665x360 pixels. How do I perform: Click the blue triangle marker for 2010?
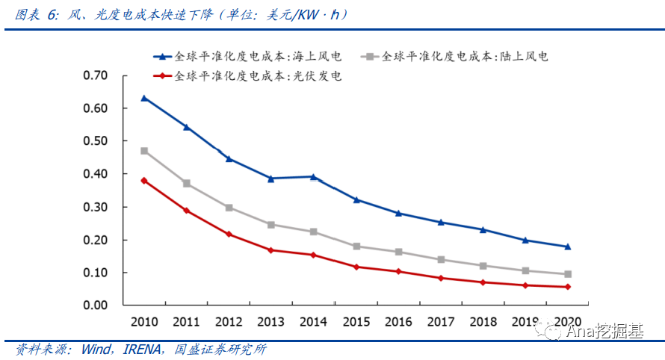coord(144,99)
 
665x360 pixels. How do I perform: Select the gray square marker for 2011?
coord(187,184)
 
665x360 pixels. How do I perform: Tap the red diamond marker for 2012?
coord(229,234)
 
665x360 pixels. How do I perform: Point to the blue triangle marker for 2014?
coord(314,177)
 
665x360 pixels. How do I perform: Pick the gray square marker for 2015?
coord(356,246)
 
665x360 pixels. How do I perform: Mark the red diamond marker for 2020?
coord(568,287)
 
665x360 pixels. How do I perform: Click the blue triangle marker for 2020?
coord(568,246)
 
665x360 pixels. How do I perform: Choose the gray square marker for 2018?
coord(483,266)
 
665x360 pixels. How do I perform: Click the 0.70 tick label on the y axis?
coord(96,75)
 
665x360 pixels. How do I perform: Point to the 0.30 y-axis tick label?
coord(96,207)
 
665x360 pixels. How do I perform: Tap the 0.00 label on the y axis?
coord(96,305)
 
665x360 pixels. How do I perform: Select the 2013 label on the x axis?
coord(271,322)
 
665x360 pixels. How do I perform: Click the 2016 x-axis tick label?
coord(398,322)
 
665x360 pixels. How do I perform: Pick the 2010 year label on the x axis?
coord(144,322)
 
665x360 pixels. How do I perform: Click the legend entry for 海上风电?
coord(247,57)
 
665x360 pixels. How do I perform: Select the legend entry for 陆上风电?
coord(454,57)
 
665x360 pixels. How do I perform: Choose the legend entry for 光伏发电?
coord(247,76)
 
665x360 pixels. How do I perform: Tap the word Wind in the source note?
coord(96,350)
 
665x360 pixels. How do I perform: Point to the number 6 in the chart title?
coord(52,15)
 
